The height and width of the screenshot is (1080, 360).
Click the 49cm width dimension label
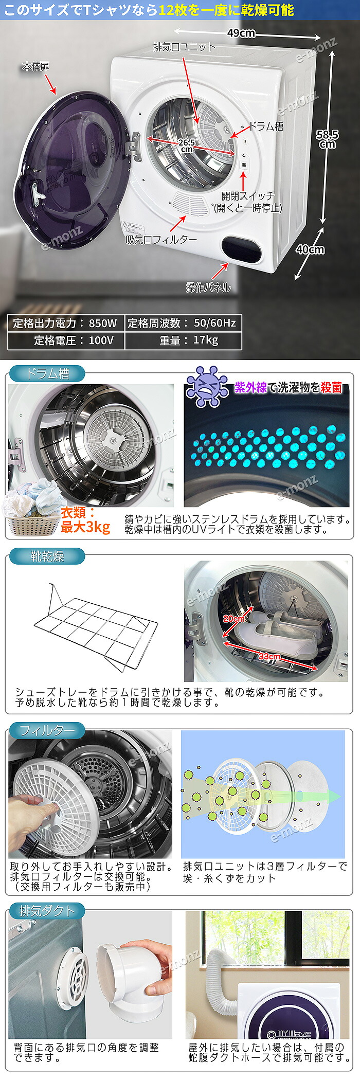(x=241, y=33)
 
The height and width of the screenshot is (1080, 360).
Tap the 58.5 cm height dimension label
(x=327, y=139)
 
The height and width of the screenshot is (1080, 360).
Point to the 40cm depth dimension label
(x=310, y=249)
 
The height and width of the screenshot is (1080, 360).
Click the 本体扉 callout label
(x=35, y=67)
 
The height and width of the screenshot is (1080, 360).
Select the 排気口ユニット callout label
(x=184, y=47)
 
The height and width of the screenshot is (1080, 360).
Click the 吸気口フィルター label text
(x=161, y=240)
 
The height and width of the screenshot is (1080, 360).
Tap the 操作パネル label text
(x=208, y=287)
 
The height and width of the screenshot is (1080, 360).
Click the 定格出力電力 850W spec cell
(x=65, y=323)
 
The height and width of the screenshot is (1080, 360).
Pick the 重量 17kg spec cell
(x=183, y=340)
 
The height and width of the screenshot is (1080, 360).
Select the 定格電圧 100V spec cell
(x=65, y=340)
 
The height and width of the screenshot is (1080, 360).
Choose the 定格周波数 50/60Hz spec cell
(x=183, y=323)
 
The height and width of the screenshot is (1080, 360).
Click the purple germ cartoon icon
(x=207, y=387)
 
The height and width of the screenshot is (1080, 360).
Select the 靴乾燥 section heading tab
(x=47, y=556)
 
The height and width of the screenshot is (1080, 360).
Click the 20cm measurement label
(x=234, y=619)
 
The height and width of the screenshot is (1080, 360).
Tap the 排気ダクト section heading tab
(x=47, y=911)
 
